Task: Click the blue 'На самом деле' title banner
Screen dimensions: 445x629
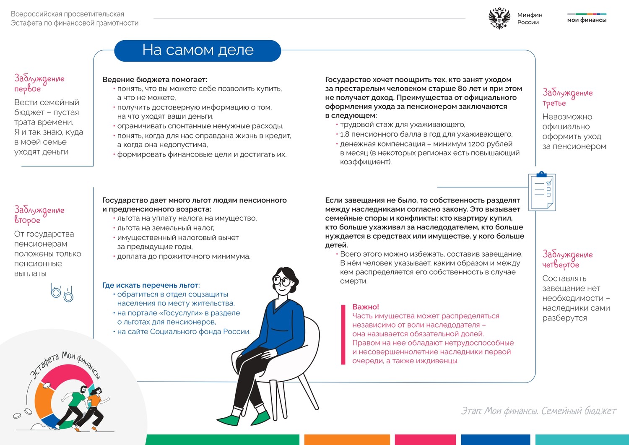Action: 198,50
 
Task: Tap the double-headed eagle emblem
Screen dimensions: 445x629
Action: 499,18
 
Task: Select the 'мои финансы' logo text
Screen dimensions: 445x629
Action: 587,20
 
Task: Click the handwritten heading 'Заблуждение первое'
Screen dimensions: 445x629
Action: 39,83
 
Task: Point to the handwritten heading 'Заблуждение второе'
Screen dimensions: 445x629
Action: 39,214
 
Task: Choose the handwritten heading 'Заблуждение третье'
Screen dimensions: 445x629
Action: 567,97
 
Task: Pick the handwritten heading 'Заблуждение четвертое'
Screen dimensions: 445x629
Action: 567,259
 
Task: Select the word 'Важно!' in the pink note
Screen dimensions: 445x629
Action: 365,307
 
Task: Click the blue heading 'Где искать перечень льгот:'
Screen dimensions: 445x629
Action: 151,285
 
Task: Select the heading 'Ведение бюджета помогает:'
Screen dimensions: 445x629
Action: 155,80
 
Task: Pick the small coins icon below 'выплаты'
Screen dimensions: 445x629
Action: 62,292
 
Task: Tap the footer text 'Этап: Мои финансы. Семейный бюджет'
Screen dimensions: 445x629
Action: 538,411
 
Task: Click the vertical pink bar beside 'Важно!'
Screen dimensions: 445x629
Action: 343,334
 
